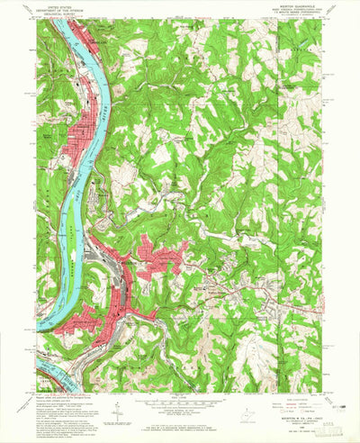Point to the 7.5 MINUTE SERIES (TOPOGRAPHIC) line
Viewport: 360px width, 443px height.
pyautogui.click(x=297, y=20)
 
